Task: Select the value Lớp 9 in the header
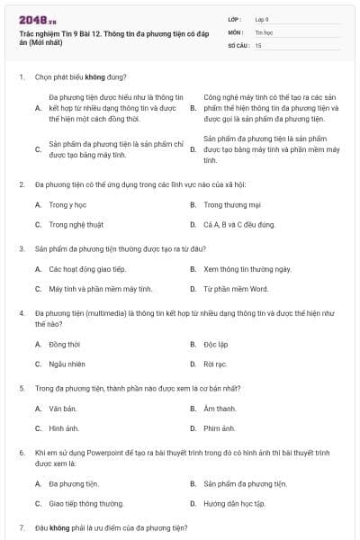(x=262, y=19)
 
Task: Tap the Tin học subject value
(x=263, y=31)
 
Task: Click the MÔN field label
(x=235, y=31)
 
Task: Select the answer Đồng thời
(x=65, y=344)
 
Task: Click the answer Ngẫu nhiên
(x=67, y=364)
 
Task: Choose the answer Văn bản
(x=63, y=409)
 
